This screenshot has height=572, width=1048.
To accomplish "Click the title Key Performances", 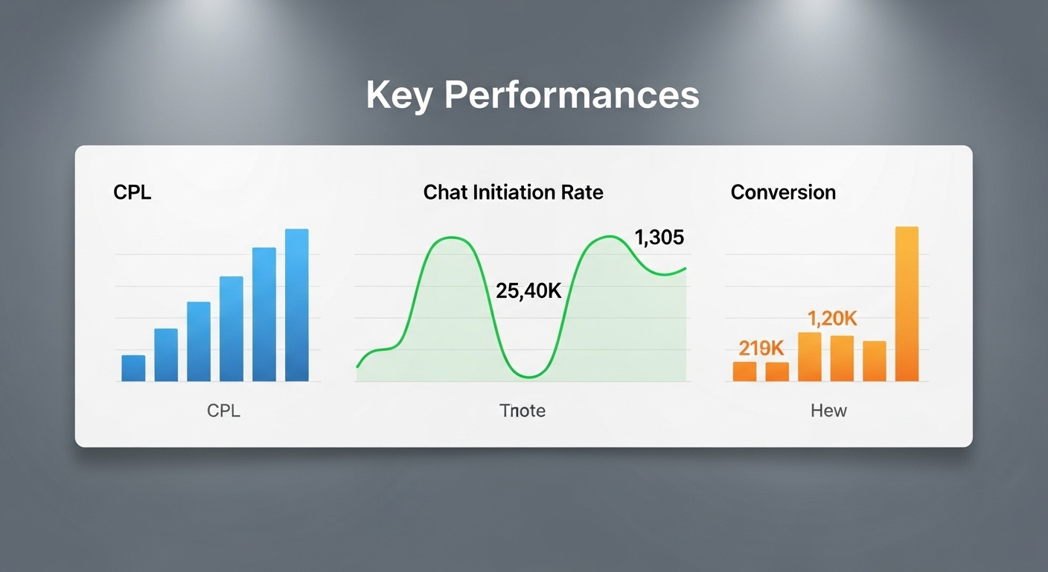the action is click(x=532, y=96).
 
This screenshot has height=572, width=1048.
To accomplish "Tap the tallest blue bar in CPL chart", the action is click(x=297, y=305).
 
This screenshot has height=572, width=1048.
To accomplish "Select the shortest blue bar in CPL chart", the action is click(x=133, y=368).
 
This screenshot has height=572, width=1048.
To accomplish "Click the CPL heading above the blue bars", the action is click(x=132, y=192).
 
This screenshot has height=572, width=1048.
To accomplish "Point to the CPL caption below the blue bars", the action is click(x=223, y=411).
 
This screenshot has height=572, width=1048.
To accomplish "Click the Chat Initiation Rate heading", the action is click(x=514, y=192).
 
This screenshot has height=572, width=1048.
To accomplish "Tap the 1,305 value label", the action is click(x=659, y=238).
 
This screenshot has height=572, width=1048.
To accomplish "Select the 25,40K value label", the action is click(x=528, y=291).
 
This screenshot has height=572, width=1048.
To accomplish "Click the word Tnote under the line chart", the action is click(x=523, y=411).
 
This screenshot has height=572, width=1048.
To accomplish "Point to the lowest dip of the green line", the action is click(x=529, y=377).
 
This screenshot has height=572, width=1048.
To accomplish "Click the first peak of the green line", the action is click(x=452, y=238).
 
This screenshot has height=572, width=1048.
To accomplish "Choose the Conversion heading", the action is click(x=783, y=192).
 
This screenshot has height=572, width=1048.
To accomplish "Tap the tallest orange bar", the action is click(x=907, y=304).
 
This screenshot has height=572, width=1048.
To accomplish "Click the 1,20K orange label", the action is click(x=832, y=319).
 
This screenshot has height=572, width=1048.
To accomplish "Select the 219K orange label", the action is click(x=761, y=349).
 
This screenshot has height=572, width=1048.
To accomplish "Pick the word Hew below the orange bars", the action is click(x=828, y=411).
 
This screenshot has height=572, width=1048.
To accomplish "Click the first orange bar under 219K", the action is click(x=744, y=372).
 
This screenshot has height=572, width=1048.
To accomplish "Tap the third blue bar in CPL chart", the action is click(x=199, y=341).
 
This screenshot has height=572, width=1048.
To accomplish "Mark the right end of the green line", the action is click(x=686, y=268).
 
